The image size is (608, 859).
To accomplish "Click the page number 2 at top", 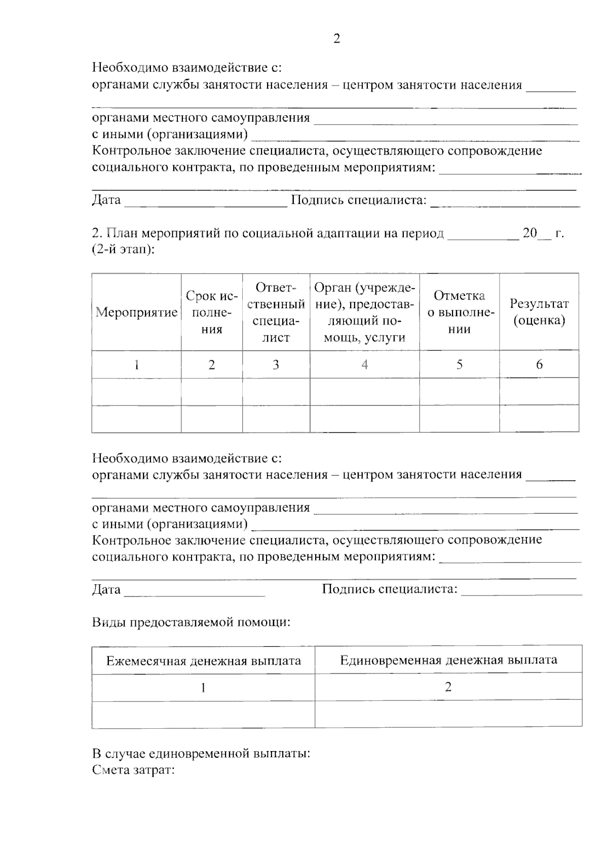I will (337, 39).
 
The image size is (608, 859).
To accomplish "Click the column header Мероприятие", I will (136, 312).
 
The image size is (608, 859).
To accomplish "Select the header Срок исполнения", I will (212, 312).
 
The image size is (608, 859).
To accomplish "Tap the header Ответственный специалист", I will (276, 312).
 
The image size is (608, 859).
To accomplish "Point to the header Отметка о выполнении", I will (459, 312).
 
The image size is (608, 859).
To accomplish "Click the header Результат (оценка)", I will (539, 312).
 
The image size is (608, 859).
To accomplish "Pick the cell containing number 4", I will (364, 364).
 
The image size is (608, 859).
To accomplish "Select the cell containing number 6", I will (539, 364).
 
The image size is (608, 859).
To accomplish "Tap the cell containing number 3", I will (276, 364).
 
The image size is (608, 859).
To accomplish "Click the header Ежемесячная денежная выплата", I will (203, 661).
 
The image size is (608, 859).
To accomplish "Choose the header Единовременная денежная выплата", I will (448, 660).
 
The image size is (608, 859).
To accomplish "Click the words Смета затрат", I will (133, 770).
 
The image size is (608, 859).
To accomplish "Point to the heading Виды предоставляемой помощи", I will (191, 622).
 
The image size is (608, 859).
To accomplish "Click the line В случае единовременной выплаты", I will (201, 754).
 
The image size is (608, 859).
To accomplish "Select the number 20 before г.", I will (529, 233).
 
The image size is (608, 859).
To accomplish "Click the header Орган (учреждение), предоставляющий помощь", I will (364, 312).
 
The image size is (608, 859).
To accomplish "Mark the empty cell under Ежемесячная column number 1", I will (203, 715).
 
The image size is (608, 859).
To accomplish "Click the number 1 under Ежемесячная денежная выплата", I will (203, 688).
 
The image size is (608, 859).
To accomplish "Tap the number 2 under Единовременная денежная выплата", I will (448, 687).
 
